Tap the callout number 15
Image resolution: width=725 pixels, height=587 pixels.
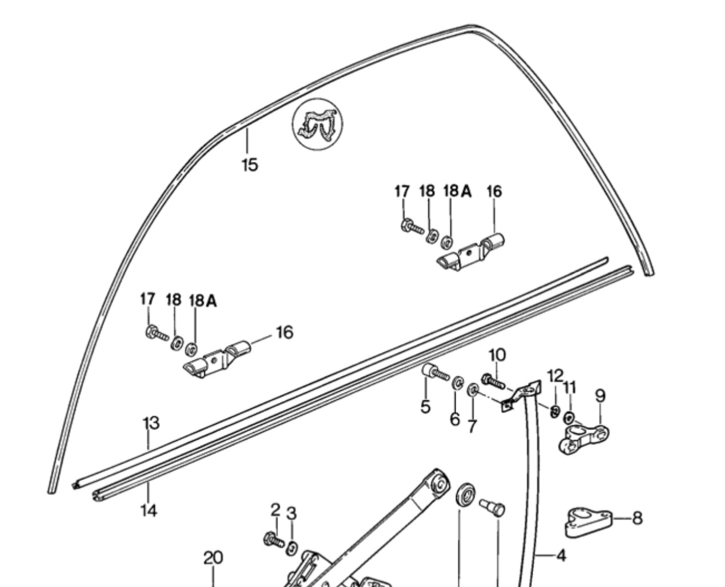[249, 165]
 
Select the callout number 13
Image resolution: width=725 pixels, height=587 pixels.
[151, 423]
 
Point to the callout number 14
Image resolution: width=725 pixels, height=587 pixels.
[148, 510]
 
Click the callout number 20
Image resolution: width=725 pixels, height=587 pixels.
[213, 557]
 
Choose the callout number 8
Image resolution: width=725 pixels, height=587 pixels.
[637, 518]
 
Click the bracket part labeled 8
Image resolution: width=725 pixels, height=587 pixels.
[588, 521]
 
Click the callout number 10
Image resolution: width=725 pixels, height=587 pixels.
[497, 355]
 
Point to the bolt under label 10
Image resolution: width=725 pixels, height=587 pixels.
[494, 381]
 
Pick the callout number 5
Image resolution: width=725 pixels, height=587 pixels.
[425, 407]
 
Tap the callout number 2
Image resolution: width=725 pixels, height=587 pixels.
[275, 509]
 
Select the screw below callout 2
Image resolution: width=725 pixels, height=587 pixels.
[273, 538]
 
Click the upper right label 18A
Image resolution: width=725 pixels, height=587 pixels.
[457, 191]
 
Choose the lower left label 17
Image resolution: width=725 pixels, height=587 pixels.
[147, 299]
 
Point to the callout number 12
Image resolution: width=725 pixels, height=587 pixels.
[555, 376]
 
